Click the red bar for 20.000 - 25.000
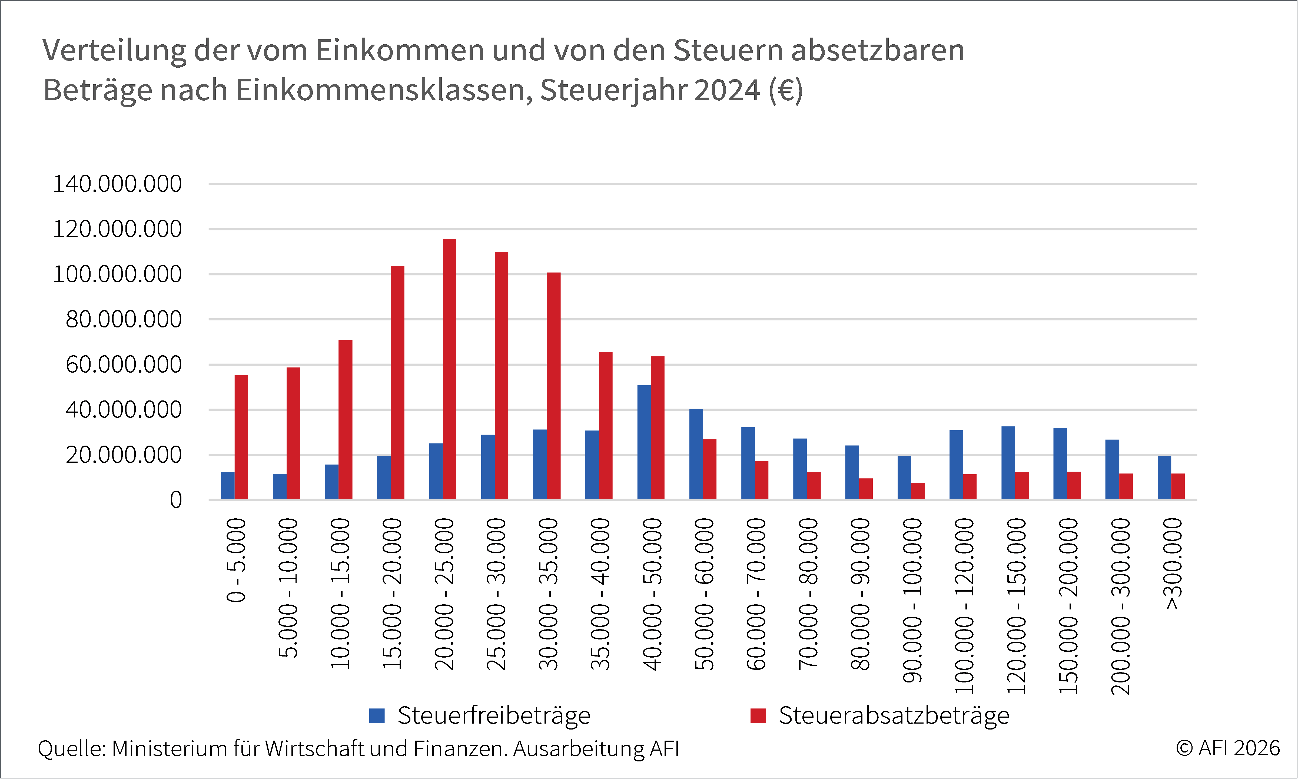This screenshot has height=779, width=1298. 449,369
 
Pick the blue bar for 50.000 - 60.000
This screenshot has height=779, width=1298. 696,454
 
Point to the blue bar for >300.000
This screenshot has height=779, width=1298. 1164,478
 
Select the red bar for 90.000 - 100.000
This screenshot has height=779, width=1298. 918,491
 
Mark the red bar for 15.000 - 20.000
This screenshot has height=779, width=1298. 397,383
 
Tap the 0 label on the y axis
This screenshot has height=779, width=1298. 176,500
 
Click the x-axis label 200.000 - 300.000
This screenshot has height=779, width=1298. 1121,606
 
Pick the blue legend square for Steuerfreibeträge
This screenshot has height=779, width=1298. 377,715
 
